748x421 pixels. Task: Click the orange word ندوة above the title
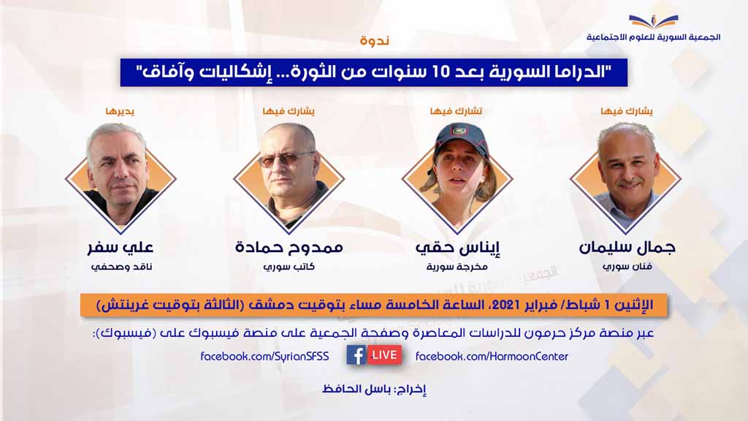375,40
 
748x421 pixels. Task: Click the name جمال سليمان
626,248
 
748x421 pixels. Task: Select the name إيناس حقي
457,248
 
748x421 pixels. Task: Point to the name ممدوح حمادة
289,248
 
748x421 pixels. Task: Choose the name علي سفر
121,248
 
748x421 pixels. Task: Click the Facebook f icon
356,355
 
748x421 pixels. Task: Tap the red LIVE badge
384,355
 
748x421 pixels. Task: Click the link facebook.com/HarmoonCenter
492,356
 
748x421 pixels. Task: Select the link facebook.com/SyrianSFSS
264,356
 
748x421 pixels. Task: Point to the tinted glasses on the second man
286,159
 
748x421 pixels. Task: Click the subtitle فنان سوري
627,267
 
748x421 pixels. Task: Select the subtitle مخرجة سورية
457,267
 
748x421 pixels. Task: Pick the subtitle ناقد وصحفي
121,267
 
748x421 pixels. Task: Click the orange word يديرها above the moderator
120,111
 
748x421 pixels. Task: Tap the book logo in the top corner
654,21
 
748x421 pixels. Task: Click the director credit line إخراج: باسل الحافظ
374,390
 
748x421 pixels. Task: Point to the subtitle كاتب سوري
289,267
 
